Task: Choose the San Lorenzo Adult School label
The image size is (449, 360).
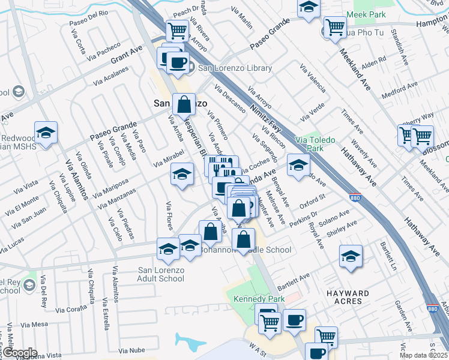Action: tap(161, 274)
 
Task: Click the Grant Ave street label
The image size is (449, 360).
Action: tap(127, 55)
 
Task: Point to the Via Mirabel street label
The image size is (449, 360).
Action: tap(168, 158)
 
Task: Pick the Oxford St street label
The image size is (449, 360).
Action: tap(313, 200)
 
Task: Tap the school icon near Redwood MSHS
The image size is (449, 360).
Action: tap(46, 133)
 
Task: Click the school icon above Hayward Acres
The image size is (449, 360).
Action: tap(351, 256)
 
